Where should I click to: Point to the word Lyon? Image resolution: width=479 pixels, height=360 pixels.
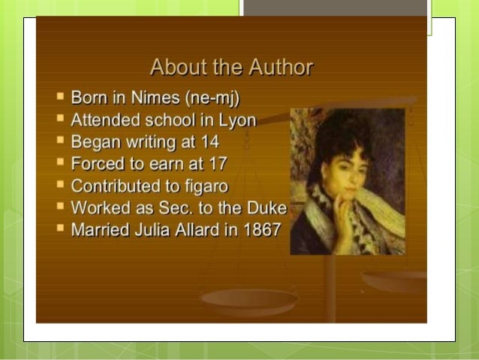click(238, 120)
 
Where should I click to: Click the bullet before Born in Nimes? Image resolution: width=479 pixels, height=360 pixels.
click(60, 98)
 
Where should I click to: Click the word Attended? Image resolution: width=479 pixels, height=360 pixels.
click(101, 120)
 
